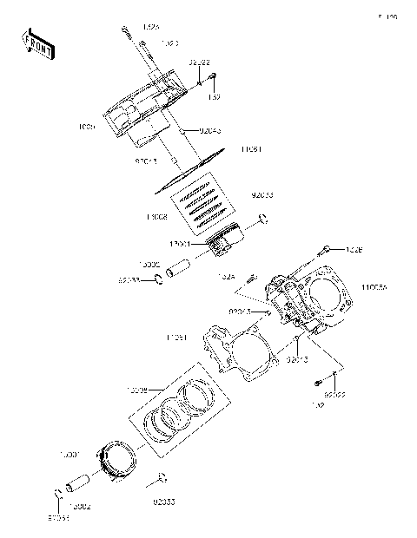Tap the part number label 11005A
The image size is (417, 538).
[x=374, y=285]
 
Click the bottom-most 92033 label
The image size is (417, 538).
[x=165, y=502]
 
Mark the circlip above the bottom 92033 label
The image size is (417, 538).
[x=162, y=477]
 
